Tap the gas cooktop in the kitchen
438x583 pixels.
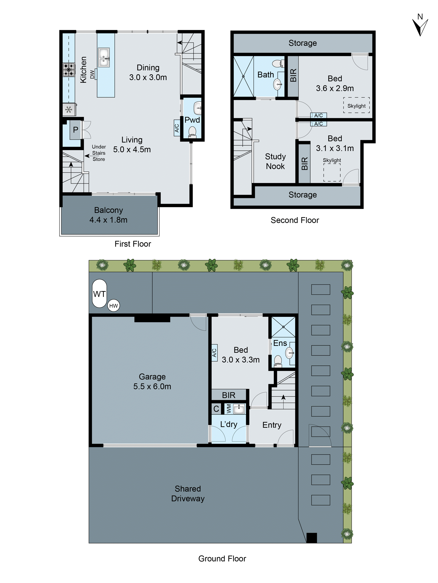click(x=69, y=70)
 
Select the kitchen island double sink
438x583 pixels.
click(x=104, y=57)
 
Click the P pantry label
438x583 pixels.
click(x=75, y=130)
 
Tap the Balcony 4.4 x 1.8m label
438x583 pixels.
click(x=108, y=215)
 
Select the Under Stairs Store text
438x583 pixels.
click(x=99, y=153)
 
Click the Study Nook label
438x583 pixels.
click(x=275, y=161)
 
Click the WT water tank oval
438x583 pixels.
click(x=99, y=293)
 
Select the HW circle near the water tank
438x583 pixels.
click(x=113, y=306)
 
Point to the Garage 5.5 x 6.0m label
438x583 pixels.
click(x=152, y=381)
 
